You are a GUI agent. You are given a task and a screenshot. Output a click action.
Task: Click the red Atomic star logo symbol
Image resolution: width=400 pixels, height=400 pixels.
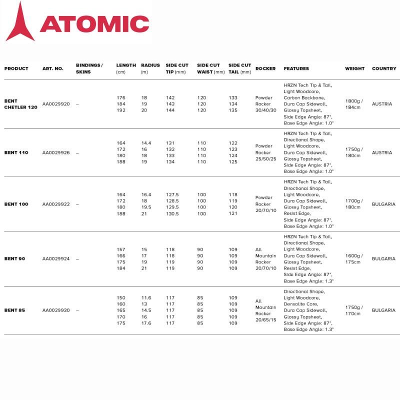(x=20, y=22)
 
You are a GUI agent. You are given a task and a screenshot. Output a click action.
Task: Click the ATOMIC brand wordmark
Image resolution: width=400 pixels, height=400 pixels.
(x=94, y=23)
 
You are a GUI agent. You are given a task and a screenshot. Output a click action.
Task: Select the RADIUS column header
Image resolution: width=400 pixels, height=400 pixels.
(x=150, y=65)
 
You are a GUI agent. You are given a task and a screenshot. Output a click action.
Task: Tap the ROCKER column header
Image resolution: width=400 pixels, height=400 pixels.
(x=265, y=68)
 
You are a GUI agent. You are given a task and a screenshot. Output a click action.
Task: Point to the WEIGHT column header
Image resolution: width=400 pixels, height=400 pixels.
(x=354, y=68)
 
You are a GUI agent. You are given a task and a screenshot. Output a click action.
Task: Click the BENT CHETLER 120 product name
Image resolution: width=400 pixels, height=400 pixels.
(x=21, y=104)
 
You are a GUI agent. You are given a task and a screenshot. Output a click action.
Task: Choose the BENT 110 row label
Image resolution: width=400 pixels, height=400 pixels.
(x=16, y=152)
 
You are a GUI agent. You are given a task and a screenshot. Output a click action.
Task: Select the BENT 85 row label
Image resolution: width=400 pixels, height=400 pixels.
(x=14, y=310)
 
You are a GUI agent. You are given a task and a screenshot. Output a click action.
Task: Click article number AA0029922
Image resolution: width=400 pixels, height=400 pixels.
(x=56, y=204)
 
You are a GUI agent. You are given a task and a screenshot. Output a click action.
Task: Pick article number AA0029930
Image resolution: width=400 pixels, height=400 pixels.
(x=56, y=310)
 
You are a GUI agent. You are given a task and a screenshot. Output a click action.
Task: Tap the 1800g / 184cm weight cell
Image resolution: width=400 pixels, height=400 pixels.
(x=354, y=104)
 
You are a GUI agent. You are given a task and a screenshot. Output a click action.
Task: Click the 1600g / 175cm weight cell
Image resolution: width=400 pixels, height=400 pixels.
(x=354, y=259)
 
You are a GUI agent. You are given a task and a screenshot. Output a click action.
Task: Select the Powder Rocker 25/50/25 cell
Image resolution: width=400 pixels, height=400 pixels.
(x=264, y=152)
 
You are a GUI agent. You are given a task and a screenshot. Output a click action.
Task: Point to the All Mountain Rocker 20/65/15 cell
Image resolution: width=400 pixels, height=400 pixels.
(x=265, y=310)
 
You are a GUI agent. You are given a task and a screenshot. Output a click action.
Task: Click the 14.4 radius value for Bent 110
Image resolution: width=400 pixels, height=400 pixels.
(x=146, y=143)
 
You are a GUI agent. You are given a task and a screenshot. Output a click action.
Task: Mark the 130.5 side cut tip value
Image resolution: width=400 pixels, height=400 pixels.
(x=172, y=213)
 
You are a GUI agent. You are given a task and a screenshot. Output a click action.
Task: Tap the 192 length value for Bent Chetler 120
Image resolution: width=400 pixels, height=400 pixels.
(x=121, y=110)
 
